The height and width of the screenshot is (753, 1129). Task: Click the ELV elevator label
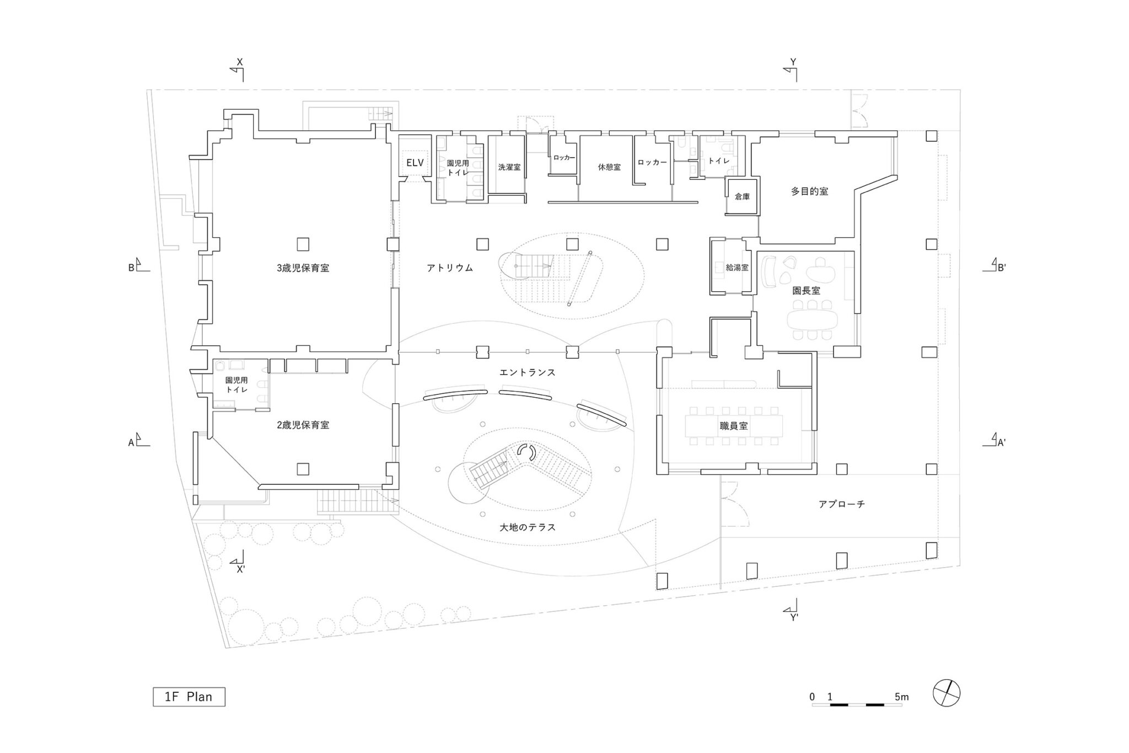tap(415, 163)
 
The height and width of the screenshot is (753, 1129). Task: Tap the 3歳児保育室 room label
tap(303, 269)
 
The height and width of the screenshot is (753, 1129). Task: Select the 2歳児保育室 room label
tap(303, 425)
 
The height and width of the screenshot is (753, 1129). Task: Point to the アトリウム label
tap(450, 268)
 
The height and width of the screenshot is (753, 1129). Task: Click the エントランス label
tap(527, 373)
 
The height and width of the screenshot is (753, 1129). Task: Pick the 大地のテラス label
tap(527, 527)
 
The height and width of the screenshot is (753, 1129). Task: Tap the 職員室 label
tap(733, 426)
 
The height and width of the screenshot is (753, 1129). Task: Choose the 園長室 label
tap(806, 290)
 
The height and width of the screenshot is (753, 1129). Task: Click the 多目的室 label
tap(809, 191)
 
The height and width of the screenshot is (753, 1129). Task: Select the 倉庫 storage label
tap(742, 196)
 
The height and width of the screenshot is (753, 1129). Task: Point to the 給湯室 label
tap(737, 268)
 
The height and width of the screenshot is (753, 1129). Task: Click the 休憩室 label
tap(609, 167)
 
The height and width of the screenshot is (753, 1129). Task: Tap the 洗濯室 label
tap(509, 167)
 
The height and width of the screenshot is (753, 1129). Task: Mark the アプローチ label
tap(841, 504)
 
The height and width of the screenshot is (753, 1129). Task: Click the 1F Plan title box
tap(189, 697)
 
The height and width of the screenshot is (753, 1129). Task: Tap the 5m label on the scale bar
tap(902, 697)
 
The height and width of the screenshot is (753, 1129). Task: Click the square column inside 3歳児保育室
tap(303, 243)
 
